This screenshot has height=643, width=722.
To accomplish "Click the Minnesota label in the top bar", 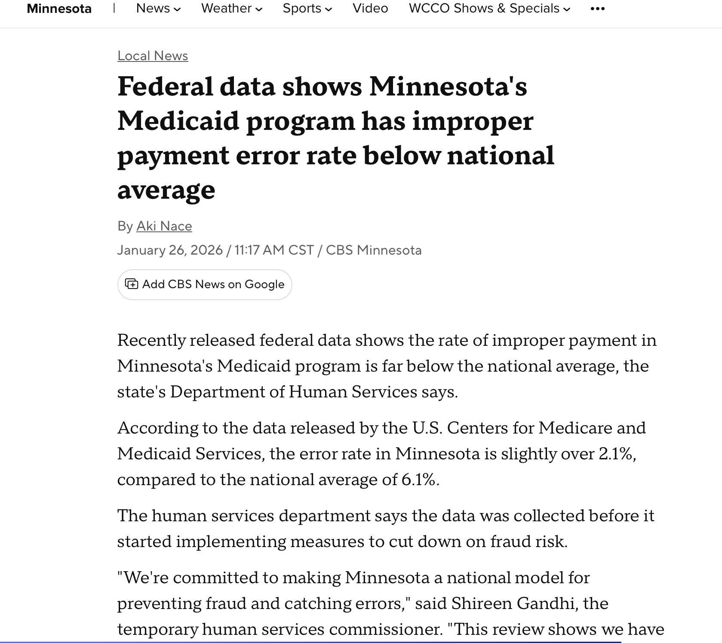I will pyautogui.click(x=59, y=9).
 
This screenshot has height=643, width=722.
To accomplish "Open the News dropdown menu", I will pyautogui.click(x=158, y=8).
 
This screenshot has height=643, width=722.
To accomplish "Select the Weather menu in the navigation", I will pyautogui.click(x=231, y=8).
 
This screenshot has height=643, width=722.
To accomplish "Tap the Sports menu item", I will pyautogui.click(x=307, y=8).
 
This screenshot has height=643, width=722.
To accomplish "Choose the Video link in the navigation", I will pyautogui.click(x=370, y=8).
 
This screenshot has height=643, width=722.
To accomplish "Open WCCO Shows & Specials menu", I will pyautogui.click(x=489, y=8).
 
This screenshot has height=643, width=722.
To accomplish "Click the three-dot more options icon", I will pyautogui.click(x=598, y=9).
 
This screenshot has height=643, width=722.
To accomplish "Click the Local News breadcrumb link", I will pyautogui.click(x=153, y=56).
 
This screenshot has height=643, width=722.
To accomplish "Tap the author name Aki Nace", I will pyautogui.click(x=164, y=226).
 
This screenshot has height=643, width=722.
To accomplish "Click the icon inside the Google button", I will pyautogui.click(x=131, y=284).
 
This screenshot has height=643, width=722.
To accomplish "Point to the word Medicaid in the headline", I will pyautogui.click(x=178, y=121).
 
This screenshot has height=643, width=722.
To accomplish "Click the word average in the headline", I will pyautogui.click(x=166, y=189).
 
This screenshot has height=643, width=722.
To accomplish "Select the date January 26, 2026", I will pyautogui.click(x=170, y=250).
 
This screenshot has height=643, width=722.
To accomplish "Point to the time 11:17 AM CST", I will pyautogui.click(x=274, y=250).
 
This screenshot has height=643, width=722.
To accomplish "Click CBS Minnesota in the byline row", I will pyautogui.click(x=374, y=250).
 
